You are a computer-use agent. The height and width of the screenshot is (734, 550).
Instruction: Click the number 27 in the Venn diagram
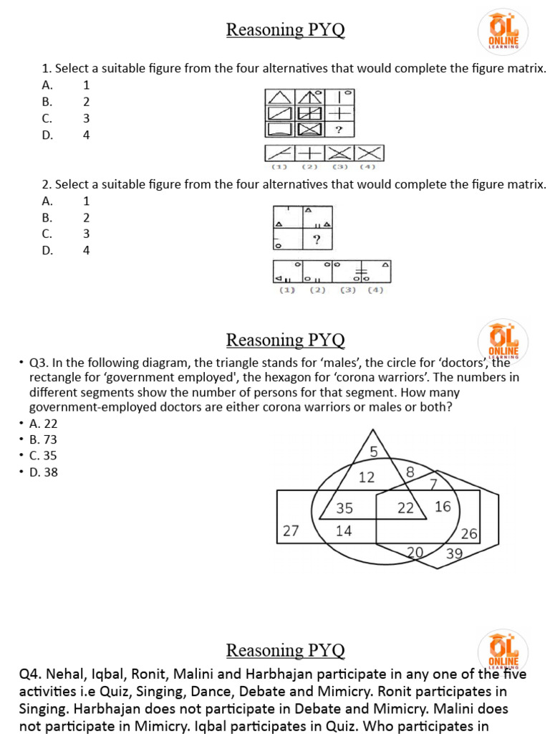pyautogui.click(x=290, y=531)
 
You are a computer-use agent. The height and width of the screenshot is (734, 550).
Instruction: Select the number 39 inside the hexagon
pyautogui.click(x=454, y=553)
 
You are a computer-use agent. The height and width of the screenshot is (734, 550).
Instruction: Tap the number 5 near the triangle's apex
pyautogui.click(x=373, y=451)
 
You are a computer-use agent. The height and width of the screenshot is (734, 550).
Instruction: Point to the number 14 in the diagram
pyautogui.click(x=344, y=531)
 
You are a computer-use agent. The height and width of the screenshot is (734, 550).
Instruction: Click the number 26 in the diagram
pyautogui.click(x=469, y=534)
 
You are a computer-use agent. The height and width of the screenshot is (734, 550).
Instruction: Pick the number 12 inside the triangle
pyautogui.click(x=367, y=477)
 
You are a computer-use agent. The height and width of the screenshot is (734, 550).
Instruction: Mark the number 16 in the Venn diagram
pyautogui.click(x=443, y=507)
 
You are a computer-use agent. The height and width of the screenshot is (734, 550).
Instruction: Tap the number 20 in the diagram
pyautogui.click(x=415, y=551)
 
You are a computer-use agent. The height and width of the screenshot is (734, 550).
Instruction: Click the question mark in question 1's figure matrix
pyautogui.click(x=339, y=130)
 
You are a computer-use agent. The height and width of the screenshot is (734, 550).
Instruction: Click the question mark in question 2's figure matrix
pyautogui.click(x=316, y=239)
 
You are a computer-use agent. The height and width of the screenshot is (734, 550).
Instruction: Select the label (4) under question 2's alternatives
pyautogui.click(x=375, y=290)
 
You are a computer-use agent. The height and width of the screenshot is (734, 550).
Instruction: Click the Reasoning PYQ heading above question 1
pyautogui.click(x=285, y=29)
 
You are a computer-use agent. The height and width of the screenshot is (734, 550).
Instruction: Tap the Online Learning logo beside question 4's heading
pyautogui.click(x=503, y=652)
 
